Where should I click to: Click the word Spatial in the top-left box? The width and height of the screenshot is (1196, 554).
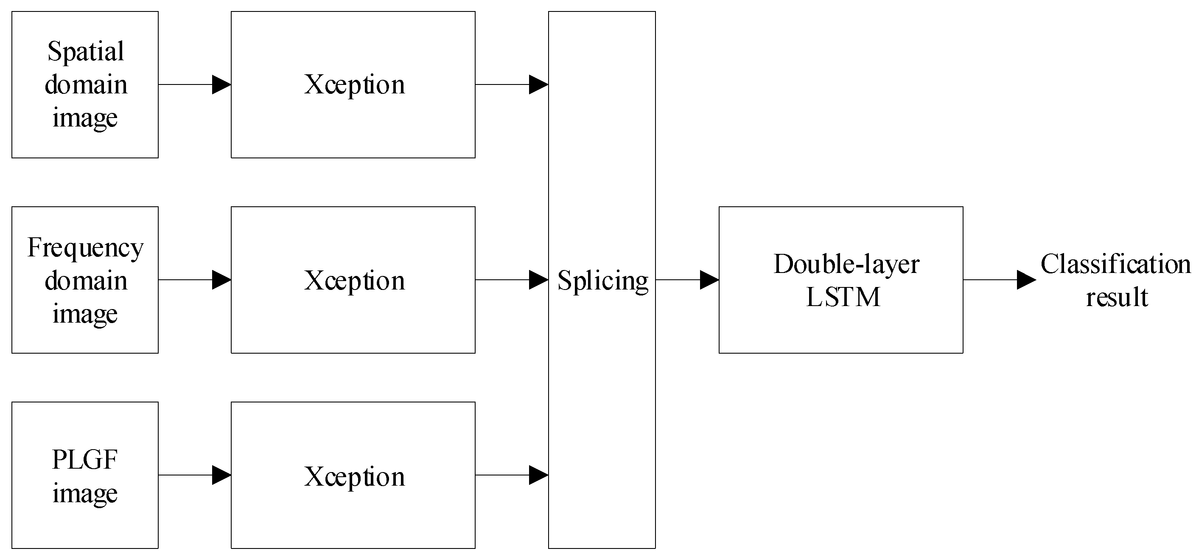click(x=85, y=51)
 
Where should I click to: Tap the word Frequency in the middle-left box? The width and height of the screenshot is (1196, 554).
click(x=85, y=247)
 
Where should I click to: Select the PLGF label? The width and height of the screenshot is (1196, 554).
click(x=84, y=460)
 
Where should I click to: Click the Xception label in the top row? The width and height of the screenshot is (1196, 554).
click(x=354, y=85)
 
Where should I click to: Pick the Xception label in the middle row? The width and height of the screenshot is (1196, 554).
click(x=354, y=281)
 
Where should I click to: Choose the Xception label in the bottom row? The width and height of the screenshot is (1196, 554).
click(x=354, y=476)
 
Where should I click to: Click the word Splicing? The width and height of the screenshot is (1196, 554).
click(x=602, y=281)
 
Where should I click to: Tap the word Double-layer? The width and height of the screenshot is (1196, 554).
click(x=846, y=264)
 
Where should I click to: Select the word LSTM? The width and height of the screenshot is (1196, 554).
click(x=843, y=297)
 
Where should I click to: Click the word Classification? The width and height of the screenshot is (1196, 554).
click(x=1115, y=264)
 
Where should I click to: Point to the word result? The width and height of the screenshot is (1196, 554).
click(x=1117, y=297)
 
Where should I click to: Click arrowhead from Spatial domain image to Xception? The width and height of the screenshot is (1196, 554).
click(x=221, y=84)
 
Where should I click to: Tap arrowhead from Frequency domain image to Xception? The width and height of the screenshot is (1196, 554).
click(x=221, y=280)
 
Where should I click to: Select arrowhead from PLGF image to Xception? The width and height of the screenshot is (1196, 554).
click(x=221, y=475)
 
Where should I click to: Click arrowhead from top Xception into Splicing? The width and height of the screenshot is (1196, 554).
click(x=538, y=84)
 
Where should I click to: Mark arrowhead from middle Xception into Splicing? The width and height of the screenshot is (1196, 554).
click(x=538, y=280)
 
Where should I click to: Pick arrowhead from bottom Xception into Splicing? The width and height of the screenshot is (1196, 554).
click(x=538, y=475)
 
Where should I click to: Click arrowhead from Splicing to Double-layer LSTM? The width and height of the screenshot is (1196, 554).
click(x=709, y=280)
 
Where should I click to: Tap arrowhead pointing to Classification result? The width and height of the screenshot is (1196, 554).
click(x=1025, y=280)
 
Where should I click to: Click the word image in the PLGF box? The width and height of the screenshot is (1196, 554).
click(x=84, y=493)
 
